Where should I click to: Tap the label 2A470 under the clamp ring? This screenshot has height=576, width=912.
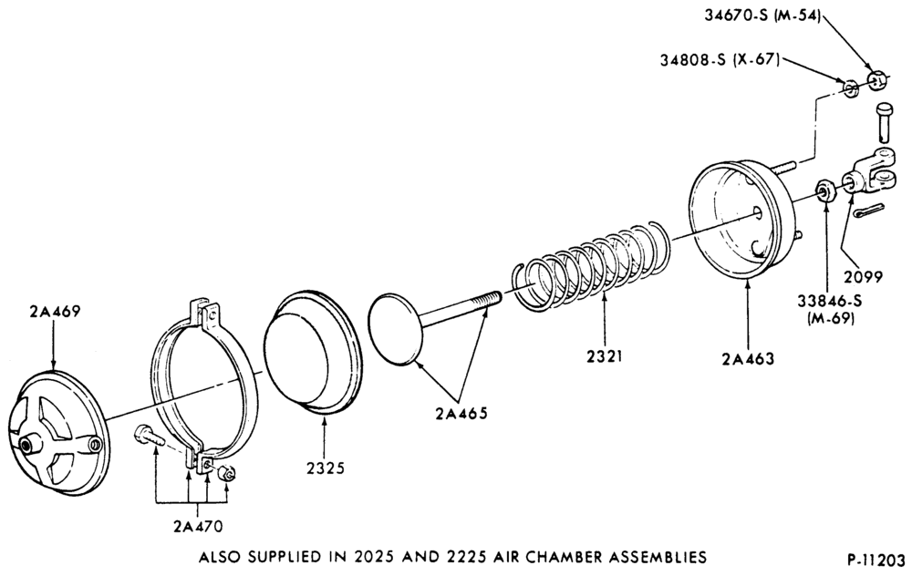(x=198, y=526)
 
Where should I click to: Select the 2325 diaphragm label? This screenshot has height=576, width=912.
(x=325, y=468)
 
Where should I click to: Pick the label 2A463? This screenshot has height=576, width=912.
(x=749, y=358)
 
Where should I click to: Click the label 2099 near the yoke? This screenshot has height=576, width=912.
(x=863, y=277)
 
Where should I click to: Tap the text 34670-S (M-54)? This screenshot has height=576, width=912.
(x=762, y=15)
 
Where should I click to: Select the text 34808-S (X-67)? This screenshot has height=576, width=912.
(x=720, y=59)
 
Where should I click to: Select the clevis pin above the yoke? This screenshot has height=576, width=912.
(x=884, y=122)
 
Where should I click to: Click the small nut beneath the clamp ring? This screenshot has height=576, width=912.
(x=226, y=472)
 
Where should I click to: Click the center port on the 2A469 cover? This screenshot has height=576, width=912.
(x=26, y=446)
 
